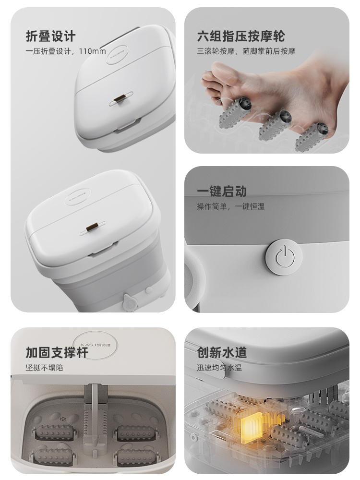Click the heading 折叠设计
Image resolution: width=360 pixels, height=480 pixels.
point(50,36)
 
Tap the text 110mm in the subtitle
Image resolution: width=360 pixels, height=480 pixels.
point(93,51)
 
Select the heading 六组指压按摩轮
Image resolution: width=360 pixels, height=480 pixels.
point(241,36)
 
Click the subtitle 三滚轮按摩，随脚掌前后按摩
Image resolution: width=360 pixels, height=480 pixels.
point(246,51)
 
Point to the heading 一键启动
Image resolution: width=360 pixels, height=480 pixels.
point(222,192)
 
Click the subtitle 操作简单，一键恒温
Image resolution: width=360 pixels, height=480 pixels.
point(231,206)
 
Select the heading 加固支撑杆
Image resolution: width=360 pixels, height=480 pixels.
point(57,352)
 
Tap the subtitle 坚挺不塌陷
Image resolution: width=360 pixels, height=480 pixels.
point(44,367)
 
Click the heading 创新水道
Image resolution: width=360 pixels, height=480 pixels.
point(222,352)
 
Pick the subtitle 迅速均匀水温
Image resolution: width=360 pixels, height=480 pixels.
point(219,367)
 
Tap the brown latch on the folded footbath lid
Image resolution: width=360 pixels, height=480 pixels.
point(120,99)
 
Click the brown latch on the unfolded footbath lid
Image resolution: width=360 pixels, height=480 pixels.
point(92,228)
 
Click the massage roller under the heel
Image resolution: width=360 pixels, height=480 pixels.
point(312,137)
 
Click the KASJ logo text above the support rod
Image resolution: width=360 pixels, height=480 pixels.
point(95,345)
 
